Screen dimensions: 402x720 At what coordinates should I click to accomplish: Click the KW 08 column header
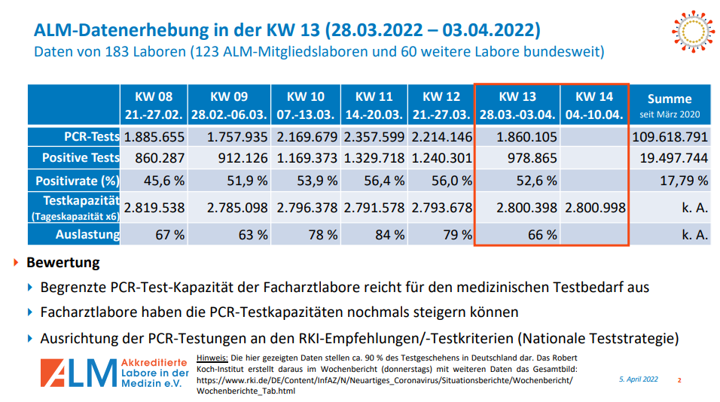[x=154, y=105]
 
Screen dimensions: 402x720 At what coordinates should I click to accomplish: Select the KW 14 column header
[x=594, y=105]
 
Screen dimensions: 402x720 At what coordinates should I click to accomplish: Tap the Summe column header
[x=670, y=105]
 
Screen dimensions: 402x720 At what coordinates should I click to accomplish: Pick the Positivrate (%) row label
[x=78, y=181]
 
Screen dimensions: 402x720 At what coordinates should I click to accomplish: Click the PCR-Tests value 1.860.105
[x=526, y=137]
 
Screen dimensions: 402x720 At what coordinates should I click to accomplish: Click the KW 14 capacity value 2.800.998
[x=594, y=208]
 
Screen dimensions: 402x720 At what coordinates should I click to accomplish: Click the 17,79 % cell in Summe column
[x=682, y=181]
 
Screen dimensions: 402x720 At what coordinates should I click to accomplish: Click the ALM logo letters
[x=75, y=374]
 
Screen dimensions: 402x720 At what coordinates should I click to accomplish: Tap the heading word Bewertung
[x=63, y=263]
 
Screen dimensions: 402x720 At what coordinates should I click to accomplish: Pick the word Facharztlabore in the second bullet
[x=86, y=312]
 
